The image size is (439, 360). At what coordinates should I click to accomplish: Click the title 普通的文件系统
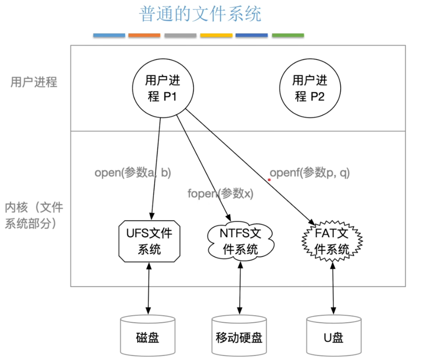(x=200, y=14)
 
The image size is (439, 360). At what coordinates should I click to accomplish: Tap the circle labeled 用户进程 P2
(x=310, y=88)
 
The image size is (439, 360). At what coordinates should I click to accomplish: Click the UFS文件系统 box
(x=149, y=241)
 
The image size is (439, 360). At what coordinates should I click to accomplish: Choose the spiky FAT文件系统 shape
(x=332, y=241)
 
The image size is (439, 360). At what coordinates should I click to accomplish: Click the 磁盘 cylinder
(x=148, y=336)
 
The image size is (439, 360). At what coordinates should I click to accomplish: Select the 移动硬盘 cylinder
(x=239, y=336)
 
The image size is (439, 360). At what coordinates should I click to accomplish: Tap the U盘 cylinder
(x=333, y=336)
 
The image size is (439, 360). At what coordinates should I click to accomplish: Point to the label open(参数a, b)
(x=133, y=173)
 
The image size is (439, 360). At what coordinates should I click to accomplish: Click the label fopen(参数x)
(x=220, y=193)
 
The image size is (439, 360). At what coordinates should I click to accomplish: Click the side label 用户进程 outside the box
(x=34, y=82)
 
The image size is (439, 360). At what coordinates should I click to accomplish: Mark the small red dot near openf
(x=269, y=180)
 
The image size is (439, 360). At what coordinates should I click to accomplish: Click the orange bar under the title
(x=144, y=36)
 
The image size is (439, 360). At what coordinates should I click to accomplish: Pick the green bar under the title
(x=288, y=36)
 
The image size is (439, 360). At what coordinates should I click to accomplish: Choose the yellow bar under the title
(x=216, y=36)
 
